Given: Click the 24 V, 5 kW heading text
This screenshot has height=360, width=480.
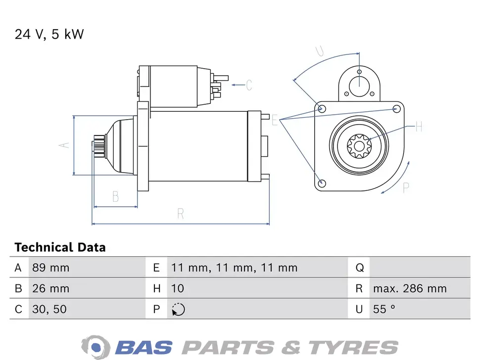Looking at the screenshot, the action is [x=49, y=34].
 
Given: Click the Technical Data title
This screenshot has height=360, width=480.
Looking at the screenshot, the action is [x=60, y=247].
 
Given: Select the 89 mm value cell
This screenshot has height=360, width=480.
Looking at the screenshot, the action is [x=51, y=268].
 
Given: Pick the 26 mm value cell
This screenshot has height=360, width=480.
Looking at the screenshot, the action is [x=51, y=288].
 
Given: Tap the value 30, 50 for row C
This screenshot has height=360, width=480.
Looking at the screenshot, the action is [x=49, y=309].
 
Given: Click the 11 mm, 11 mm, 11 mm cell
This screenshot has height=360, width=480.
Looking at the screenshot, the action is [x=234, y=268].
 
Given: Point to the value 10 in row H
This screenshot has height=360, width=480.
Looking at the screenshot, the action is [x=177, y=288].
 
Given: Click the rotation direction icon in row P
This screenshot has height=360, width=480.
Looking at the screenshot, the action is [x=178, y=309].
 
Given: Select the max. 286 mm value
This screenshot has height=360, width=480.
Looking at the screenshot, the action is [x=410, y=288].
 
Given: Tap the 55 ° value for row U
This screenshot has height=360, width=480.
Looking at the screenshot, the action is [x=384, y=309].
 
